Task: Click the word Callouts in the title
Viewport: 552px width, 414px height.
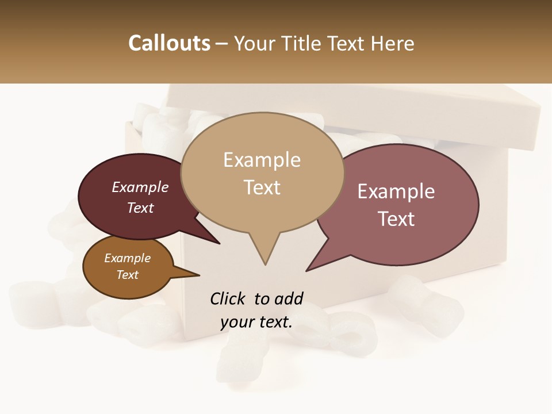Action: pyautogui.click(x=169, y=43)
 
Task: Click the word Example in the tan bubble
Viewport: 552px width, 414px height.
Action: pyautogui.click(x=262, y=160)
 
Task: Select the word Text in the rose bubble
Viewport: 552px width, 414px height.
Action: pyautogui.click(x=396, y=218)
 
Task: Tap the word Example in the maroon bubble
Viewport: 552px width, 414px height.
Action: pyautogui.click(x=140, y=187)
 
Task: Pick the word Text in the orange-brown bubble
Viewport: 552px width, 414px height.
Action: pyautogui.click(x=128, y=275)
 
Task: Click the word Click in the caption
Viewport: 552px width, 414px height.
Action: pyautogui.click(x=228, y=298)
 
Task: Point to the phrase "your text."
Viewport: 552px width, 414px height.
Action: pyautogui.click(x=256, y=322)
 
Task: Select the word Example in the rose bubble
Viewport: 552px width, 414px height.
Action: pyautogui.click(x=396, y=191)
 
